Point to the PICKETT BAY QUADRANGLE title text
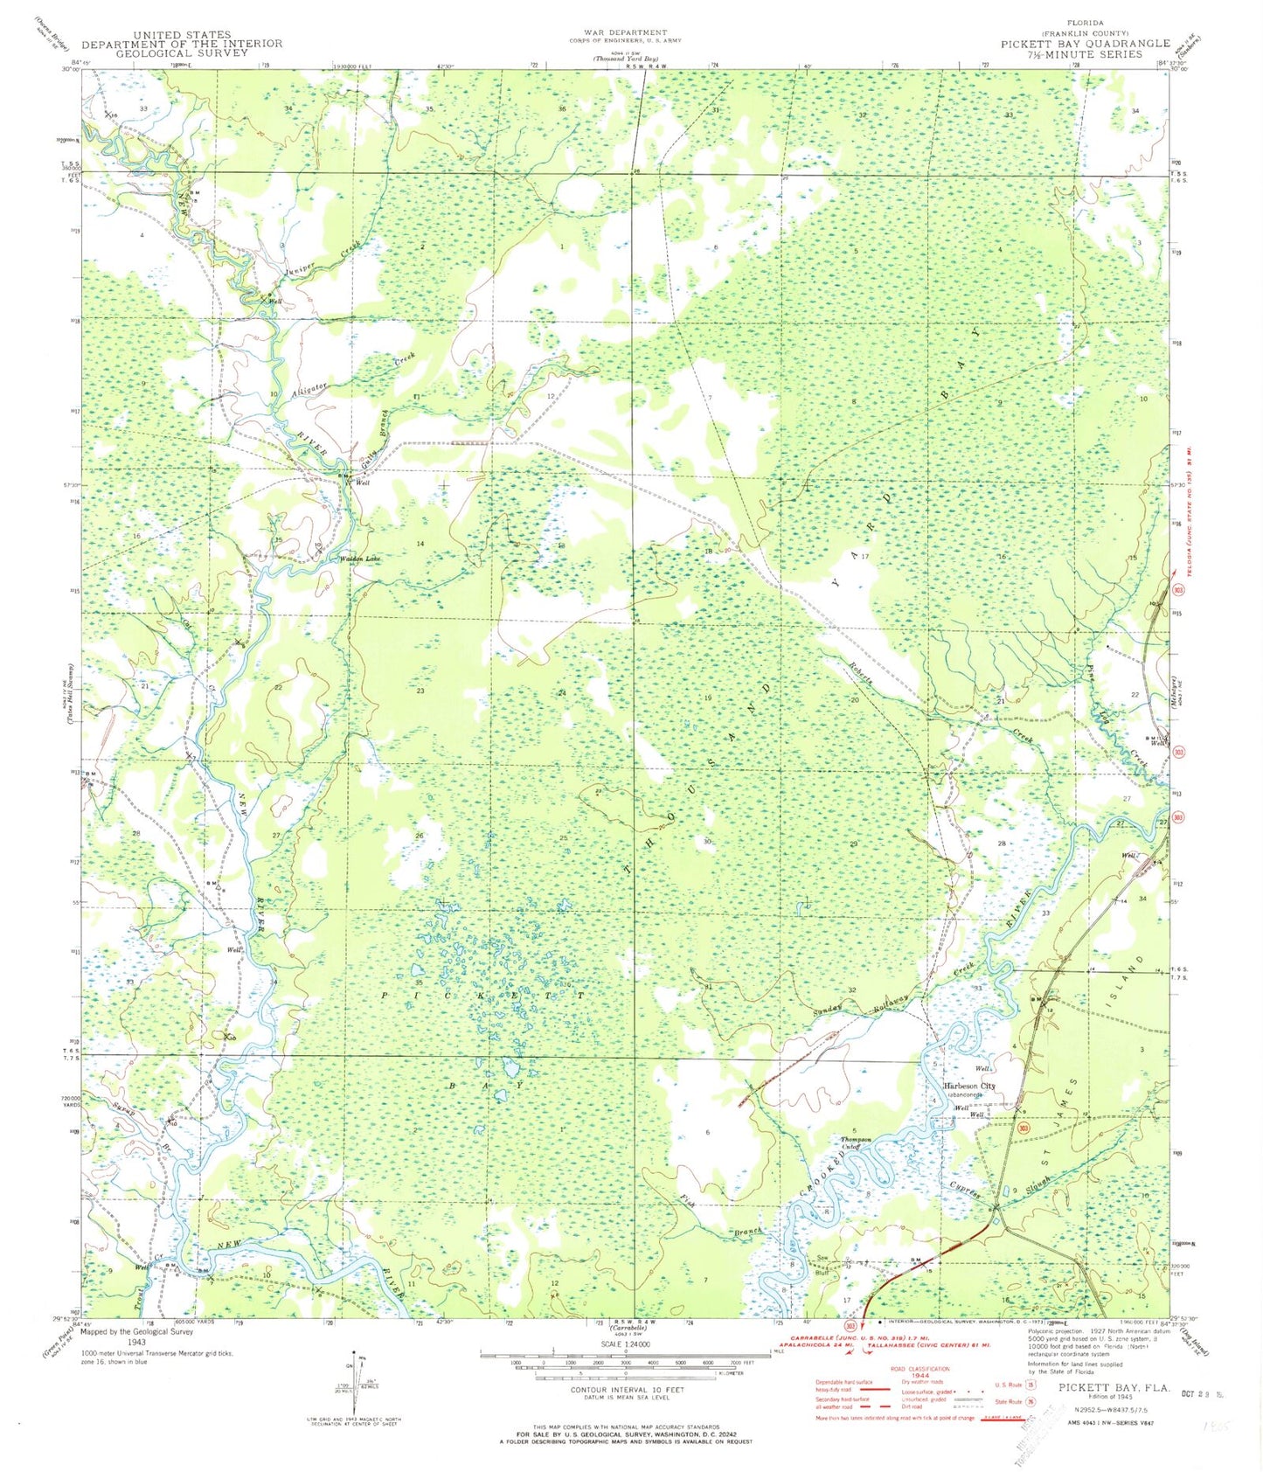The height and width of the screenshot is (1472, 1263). coord(1085,43)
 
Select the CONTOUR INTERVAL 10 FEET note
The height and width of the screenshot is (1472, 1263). coord(626,1390)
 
